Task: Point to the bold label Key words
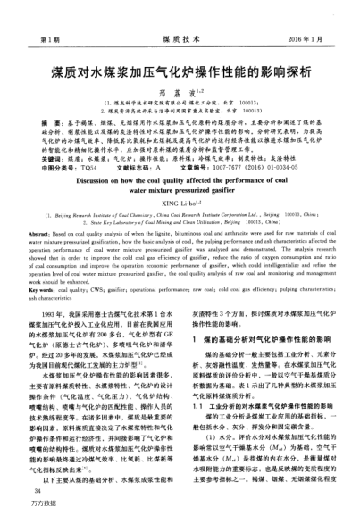(47, 292)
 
